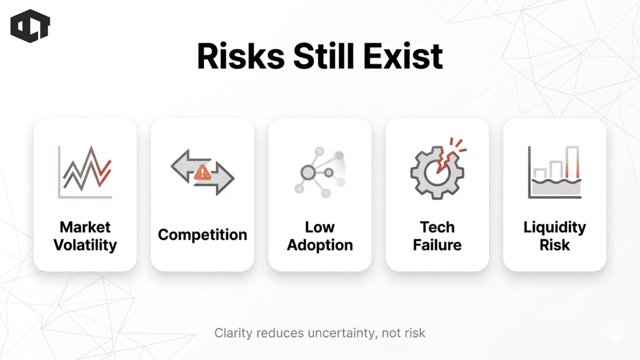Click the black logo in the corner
click(x=30, y=26)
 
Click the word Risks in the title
click(x=241, y=56)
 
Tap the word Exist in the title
click(x=403, y=56)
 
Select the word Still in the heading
click(x=324, y=56)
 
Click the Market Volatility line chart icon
click(x=85, y=172)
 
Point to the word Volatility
click(x=85, y=246)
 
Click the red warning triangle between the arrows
click(x=202, y=172)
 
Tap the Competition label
click(x=202, y=235)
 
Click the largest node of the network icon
click(x=308, y=172)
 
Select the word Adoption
click(x=320, y=245)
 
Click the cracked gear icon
click(x=437, y=172)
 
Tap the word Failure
click(x=437, y=245)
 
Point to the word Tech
click(x=437, y=228)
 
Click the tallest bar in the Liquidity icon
click(x=572, y=163)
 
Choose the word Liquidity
click(x=554, y=228)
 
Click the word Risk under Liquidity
click(x=554, y=245)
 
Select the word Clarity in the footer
click(x=234, y=333)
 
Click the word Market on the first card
click(x=85, y=228)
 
